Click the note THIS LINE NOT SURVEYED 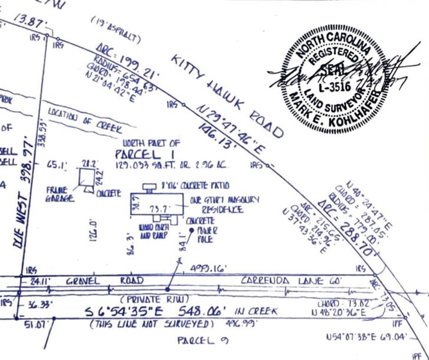point(150,323)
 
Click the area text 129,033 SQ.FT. point(145,166)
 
